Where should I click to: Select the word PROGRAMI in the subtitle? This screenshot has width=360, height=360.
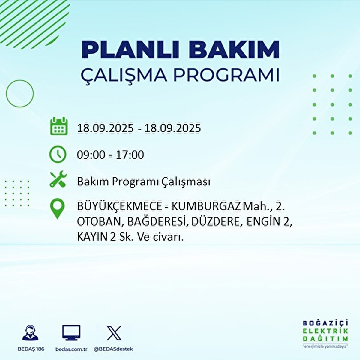[227, 75]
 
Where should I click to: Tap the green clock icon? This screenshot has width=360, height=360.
[58, 154]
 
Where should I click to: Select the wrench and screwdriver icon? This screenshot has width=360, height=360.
[58, 179]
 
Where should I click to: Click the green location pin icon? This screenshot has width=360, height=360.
[57, 209]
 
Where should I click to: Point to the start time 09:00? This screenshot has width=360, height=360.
[91, 155]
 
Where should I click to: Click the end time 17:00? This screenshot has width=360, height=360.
[130, 155]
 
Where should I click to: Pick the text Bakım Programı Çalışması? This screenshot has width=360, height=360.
[143, 182]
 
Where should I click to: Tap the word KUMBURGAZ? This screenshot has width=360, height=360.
[207, 207]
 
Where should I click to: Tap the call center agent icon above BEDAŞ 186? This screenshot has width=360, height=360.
[31, 333]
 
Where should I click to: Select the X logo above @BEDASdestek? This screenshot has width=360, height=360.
[114, 333]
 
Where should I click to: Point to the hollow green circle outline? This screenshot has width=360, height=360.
[20, 94]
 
